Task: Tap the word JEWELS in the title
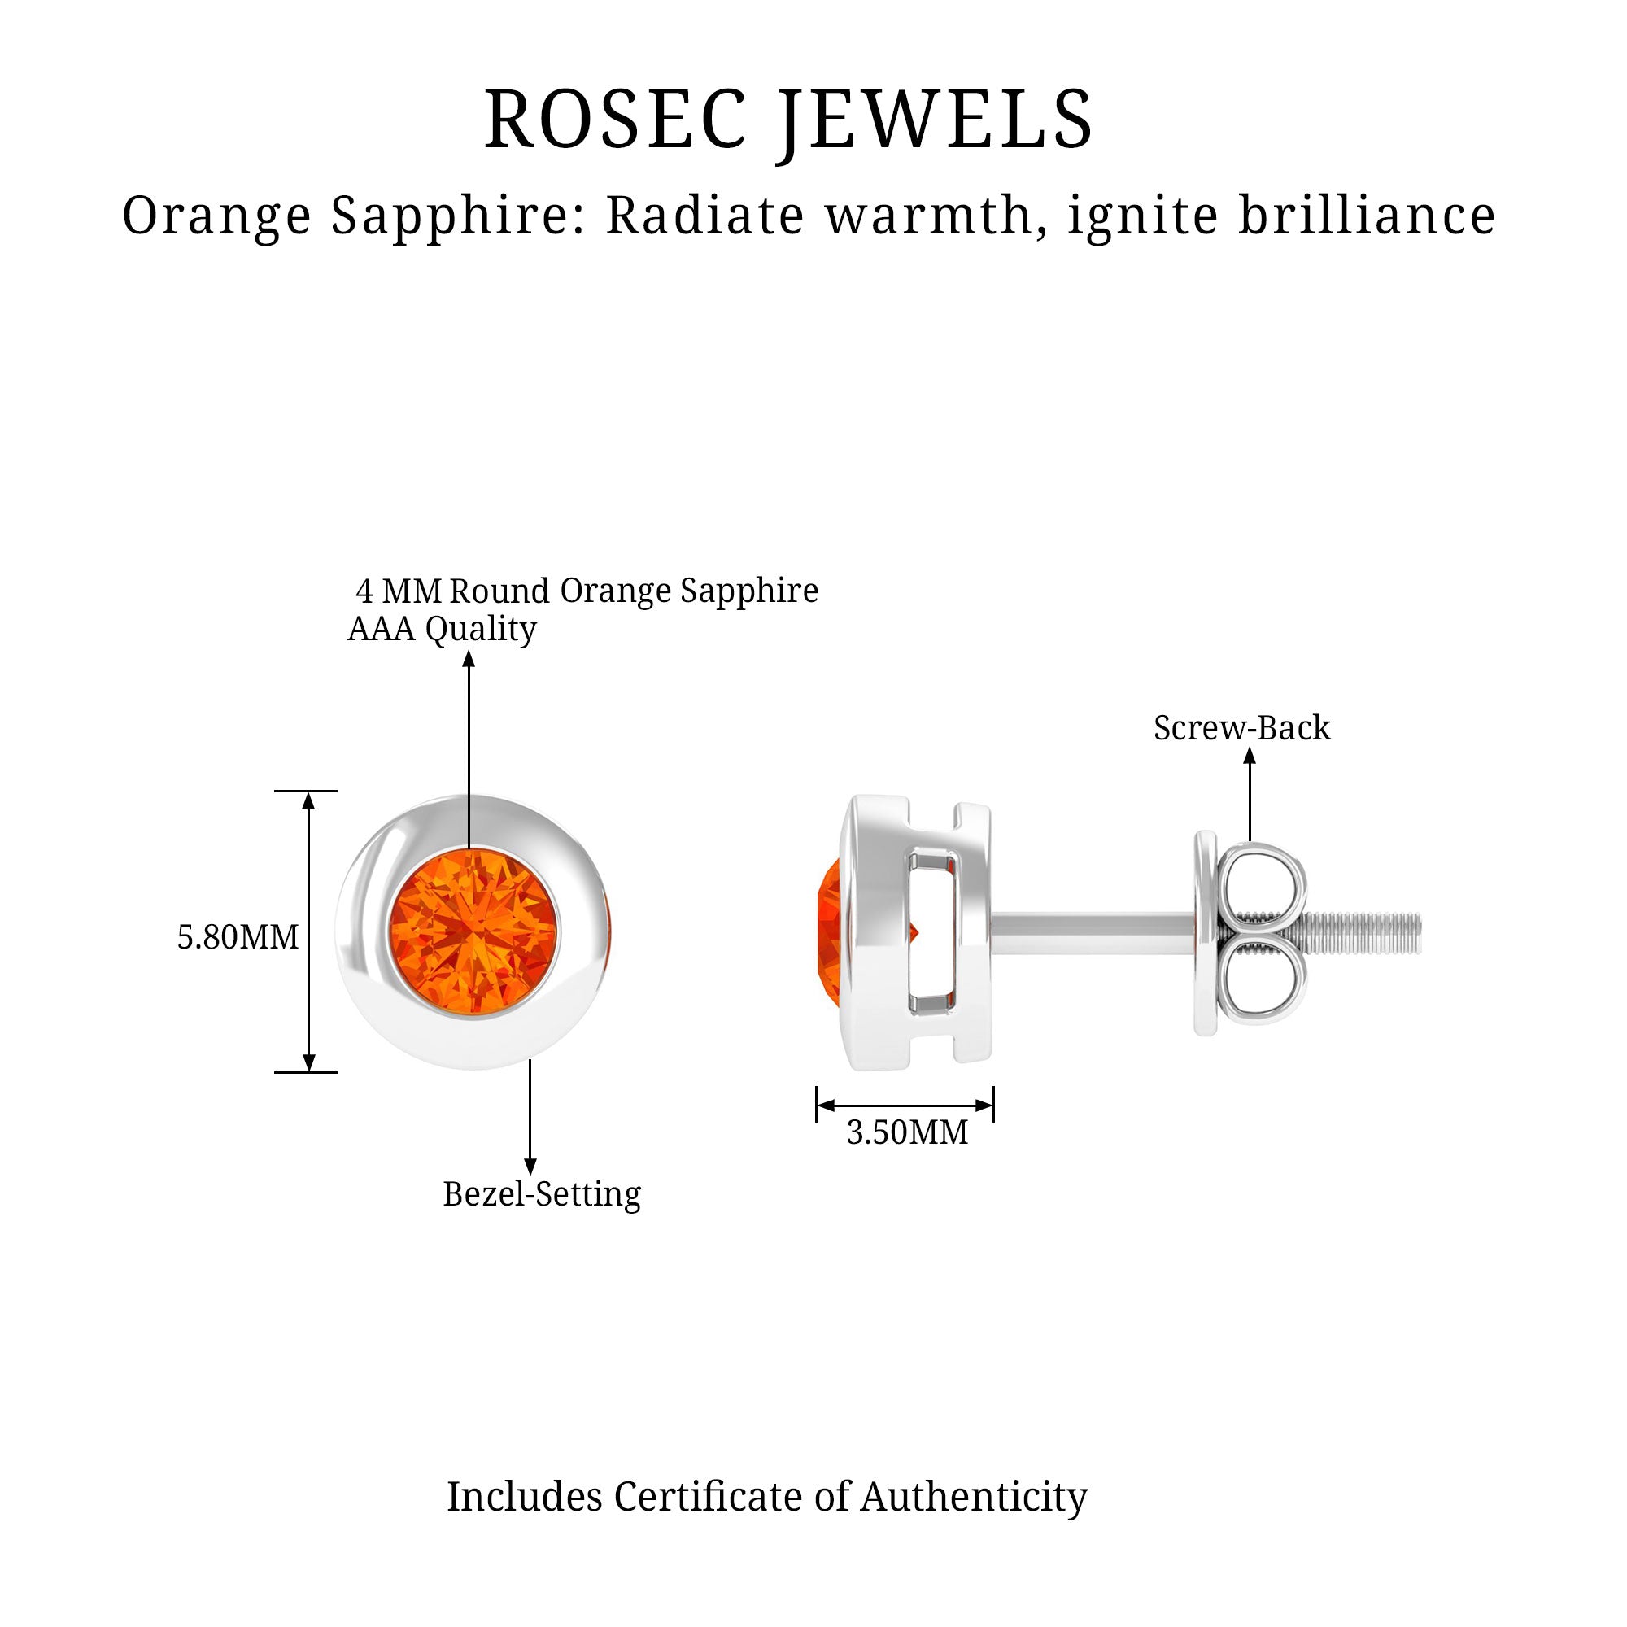(936, 120)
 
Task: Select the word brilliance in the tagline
(1366, 216)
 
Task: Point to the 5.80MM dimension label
(238, 937)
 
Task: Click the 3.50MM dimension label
(907, 1132)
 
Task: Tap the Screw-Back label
(1241, 728)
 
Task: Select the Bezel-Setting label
(542, 1194)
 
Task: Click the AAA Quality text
(441, 629)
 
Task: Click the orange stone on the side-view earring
(829, 932)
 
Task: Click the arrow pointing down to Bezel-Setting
(530, 1120)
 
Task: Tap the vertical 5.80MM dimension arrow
(309, 931)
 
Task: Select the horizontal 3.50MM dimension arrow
(905, 1105)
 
